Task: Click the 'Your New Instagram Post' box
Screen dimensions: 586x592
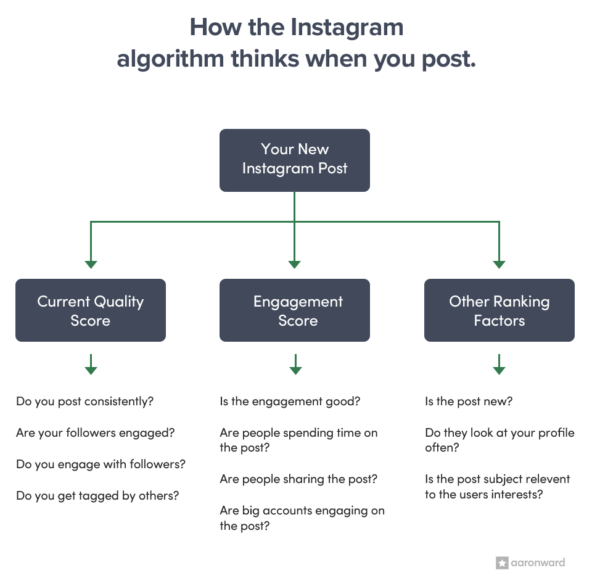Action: tap(295, 159)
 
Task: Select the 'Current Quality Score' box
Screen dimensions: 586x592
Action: tap(90, 310)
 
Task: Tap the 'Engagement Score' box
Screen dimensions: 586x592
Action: tap(295, 310)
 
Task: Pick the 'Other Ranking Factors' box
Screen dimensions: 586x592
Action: tap(499, 310)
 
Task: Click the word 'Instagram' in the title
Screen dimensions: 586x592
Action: tap(347, 27)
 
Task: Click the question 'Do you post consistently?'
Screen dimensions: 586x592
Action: tap(85, 402)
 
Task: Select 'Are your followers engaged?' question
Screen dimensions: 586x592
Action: tap(95, 433)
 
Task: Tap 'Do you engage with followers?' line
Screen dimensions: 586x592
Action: tap(101, 464)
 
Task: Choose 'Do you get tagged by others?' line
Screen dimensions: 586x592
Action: tap(97, 495)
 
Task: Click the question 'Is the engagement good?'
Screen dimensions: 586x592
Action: tap(290, 402)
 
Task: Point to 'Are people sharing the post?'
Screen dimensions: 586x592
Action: tap(298, 479)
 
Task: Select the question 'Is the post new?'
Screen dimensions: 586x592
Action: tap(469, 402)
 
